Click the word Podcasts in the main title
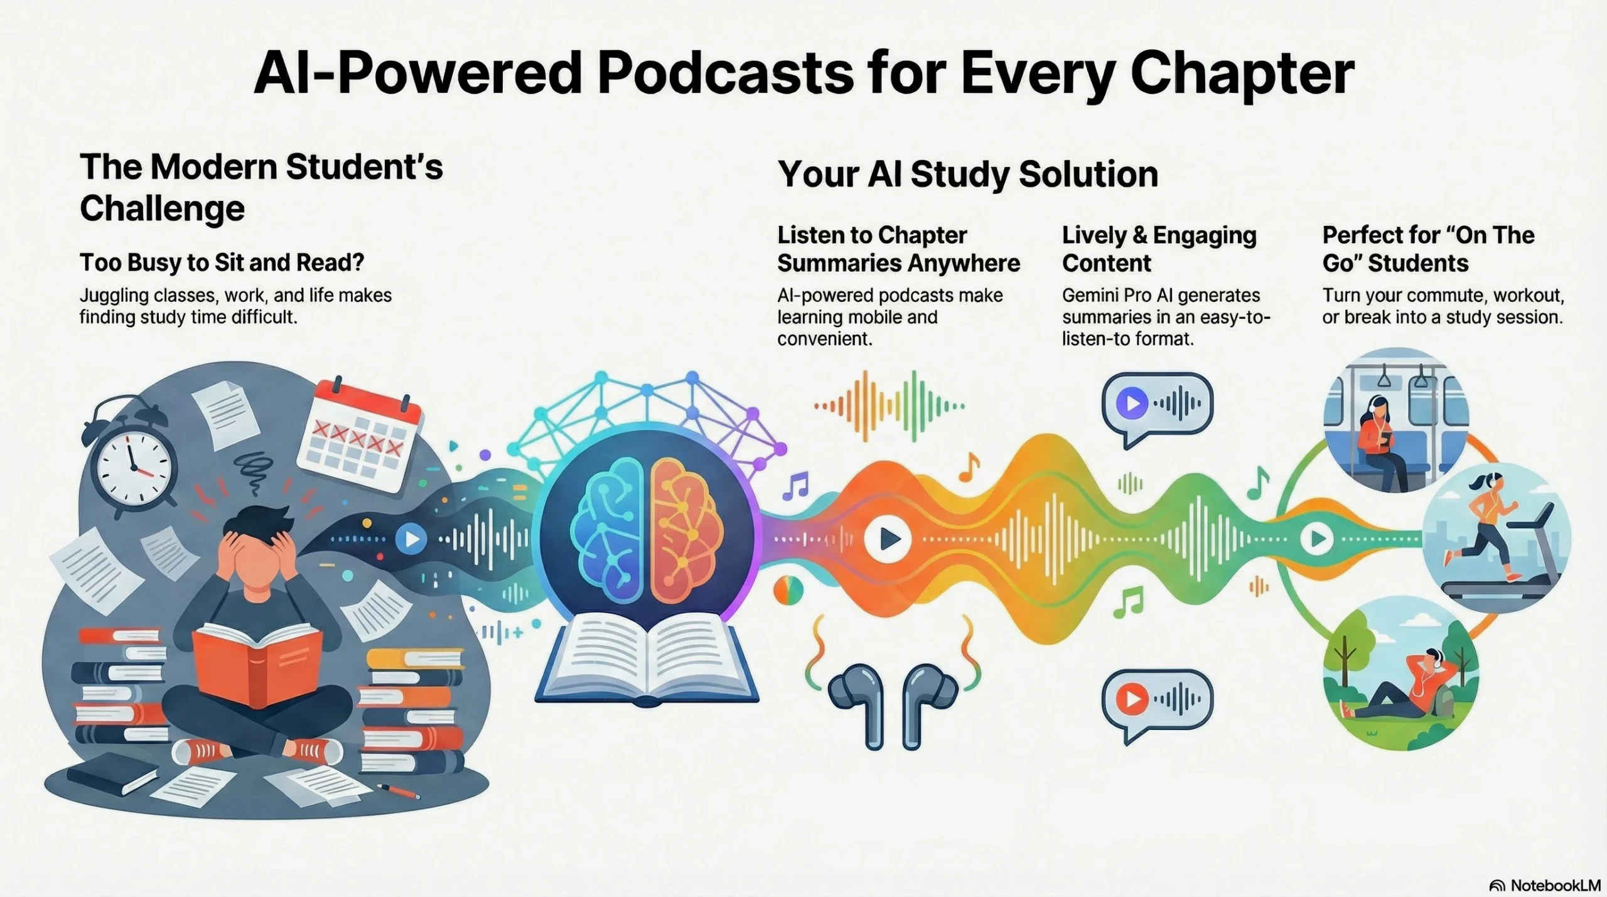tap(725, 73)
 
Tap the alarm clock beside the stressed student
tap(130, 455)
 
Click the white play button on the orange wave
tap(887, 538)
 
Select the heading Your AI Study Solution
tap(968, 174)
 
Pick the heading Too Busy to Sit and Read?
tap(222, 262)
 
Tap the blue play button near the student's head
tap(412, 539)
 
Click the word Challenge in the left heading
tap(162, 208)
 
